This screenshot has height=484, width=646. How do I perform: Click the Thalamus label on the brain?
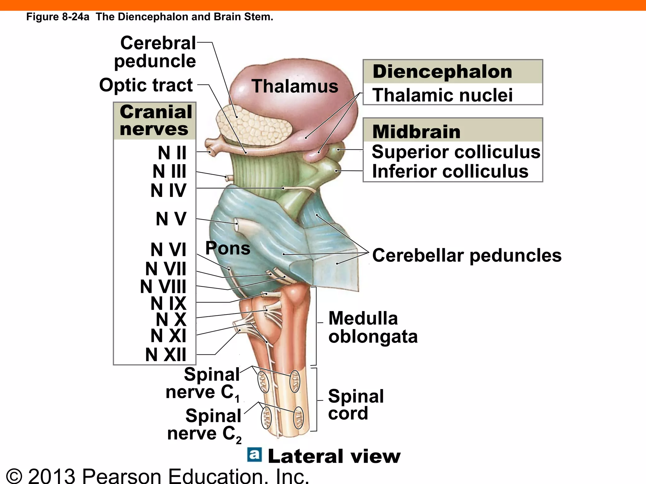click(295, 86)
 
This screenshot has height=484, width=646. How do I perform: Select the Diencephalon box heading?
click(442, 72)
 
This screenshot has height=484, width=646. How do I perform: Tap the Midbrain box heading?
click(416, 131)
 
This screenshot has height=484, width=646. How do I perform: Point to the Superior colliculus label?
click(456, 152)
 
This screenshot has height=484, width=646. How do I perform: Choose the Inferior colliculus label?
click(450, 171)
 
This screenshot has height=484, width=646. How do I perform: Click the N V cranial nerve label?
click(171, 219)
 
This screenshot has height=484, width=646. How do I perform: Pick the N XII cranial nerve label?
click(166, 354)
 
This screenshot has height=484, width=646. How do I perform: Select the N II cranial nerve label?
click(172, 153)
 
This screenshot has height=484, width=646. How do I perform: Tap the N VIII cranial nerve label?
click(163, 286)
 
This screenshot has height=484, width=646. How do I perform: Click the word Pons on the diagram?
click(228, 248)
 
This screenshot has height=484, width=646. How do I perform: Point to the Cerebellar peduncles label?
click(467, 255)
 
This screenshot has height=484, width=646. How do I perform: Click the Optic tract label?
click(146, 85)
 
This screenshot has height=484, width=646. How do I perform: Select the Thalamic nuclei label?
click(442, 95)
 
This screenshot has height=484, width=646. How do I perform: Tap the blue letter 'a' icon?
click(255, 455)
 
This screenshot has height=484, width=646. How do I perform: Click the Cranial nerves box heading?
click(156, 120)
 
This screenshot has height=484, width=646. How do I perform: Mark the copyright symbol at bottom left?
click(14, 476)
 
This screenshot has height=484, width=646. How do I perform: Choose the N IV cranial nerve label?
click(168, 190)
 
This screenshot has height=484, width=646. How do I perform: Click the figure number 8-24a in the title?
click(76, 17)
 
